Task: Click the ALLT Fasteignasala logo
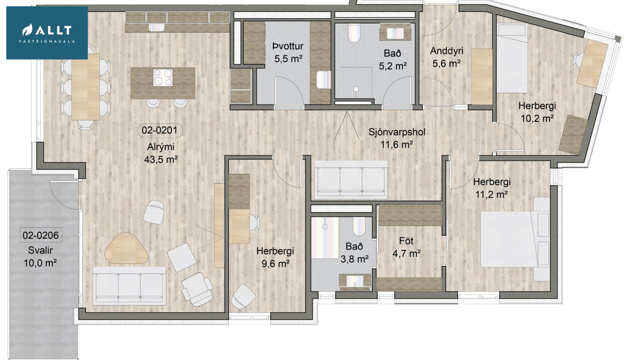pos(47,33)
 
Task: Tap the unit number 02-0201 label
pos(160,130)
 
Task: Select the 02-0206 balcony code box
pos(41,235)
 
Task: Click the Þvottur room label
pos(288,46)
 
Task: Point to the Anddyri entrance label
pos(447,51)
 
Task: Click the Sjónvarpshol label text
pos(397,132)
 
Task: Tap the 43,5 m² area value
pos(161,160)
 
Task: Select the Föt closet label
pos(406,241)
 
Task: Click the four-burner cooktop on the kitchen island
pos(163,78)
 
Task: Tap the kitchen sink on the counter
pos(156,27)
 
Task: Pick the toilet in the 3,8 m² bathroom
pos(359,226)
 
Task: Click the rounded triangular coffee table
pos(126,249)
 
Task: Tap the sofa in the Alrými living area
pos(130,286)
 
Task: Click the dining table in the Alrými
pos(85,87)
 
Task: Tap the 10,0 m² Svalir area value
pos(40,263)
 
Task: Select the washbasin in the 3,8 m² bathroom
pos(355,282)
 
